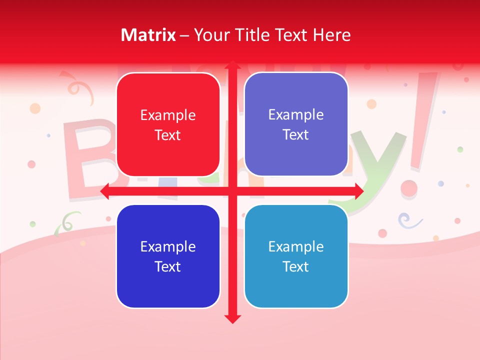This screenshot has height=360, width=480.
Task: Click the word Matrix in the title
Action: coord(148,35)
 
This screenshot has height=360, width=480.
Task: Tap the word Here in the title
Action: coord(332,35)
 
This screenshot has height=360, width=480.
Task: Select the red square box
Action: coord(168,124)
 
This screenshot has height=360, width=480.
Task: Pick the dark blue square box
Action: coord(168,256)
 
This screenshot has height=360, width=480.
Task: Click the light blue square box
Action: coord(296,256)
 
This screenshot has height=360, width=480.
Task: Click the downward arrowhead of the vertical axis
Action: coord(232,318)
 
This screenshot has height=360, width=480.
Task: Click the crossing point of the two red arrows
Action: coord(232,191)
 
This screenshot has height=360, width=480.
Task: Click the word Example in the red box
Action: coord(168,115)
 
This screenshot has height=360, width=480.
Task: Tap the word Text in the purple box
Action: coord(296,134)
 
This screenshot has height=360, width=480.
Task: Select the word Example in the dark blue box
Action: coord(168,246)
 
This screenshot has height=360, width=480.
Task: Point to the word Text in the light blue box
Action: coord(296,266)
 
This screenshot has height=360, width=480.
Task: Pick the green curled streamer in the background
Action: coord(67,221)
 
